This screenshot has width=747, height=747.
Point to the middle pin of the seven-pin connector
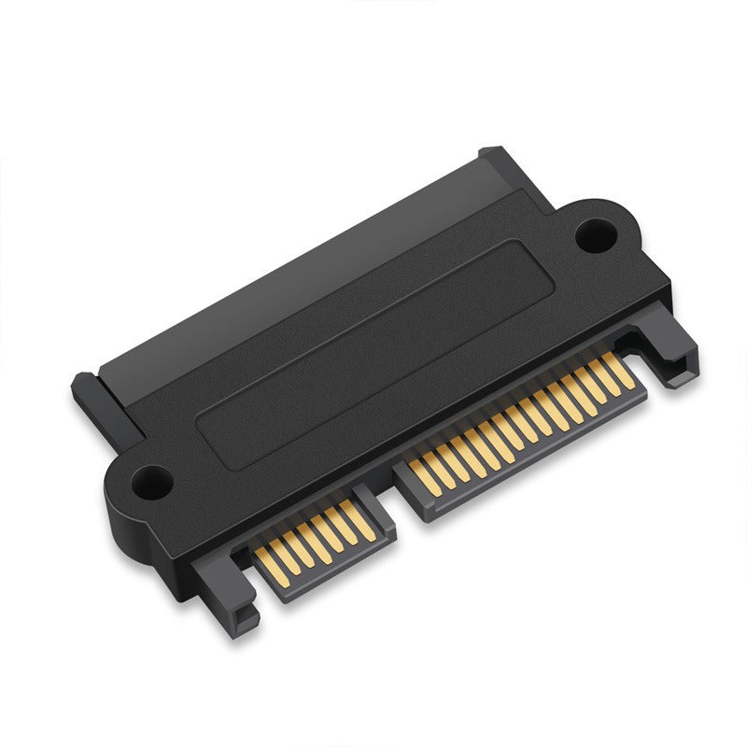[313, 539]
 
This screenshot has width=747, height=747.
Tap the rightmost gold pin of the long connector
[622, 373]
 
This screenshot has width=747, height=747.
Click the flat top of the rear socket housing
[308, 280]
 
